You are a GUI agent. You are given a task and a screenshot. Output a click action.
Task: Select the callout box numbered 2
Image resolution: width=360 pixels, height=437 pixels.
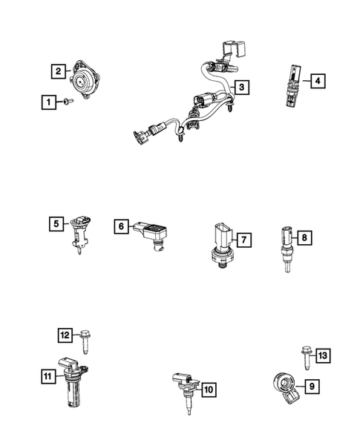click(57, 72)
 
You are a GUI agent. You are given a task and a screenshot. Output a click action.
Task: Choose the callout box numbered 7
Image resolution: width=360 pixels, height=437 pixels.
click(243, 239)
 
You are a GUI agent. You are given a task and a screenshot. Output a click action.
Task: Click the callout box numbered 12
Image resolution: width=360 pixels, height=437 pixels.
click(65, 336)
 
